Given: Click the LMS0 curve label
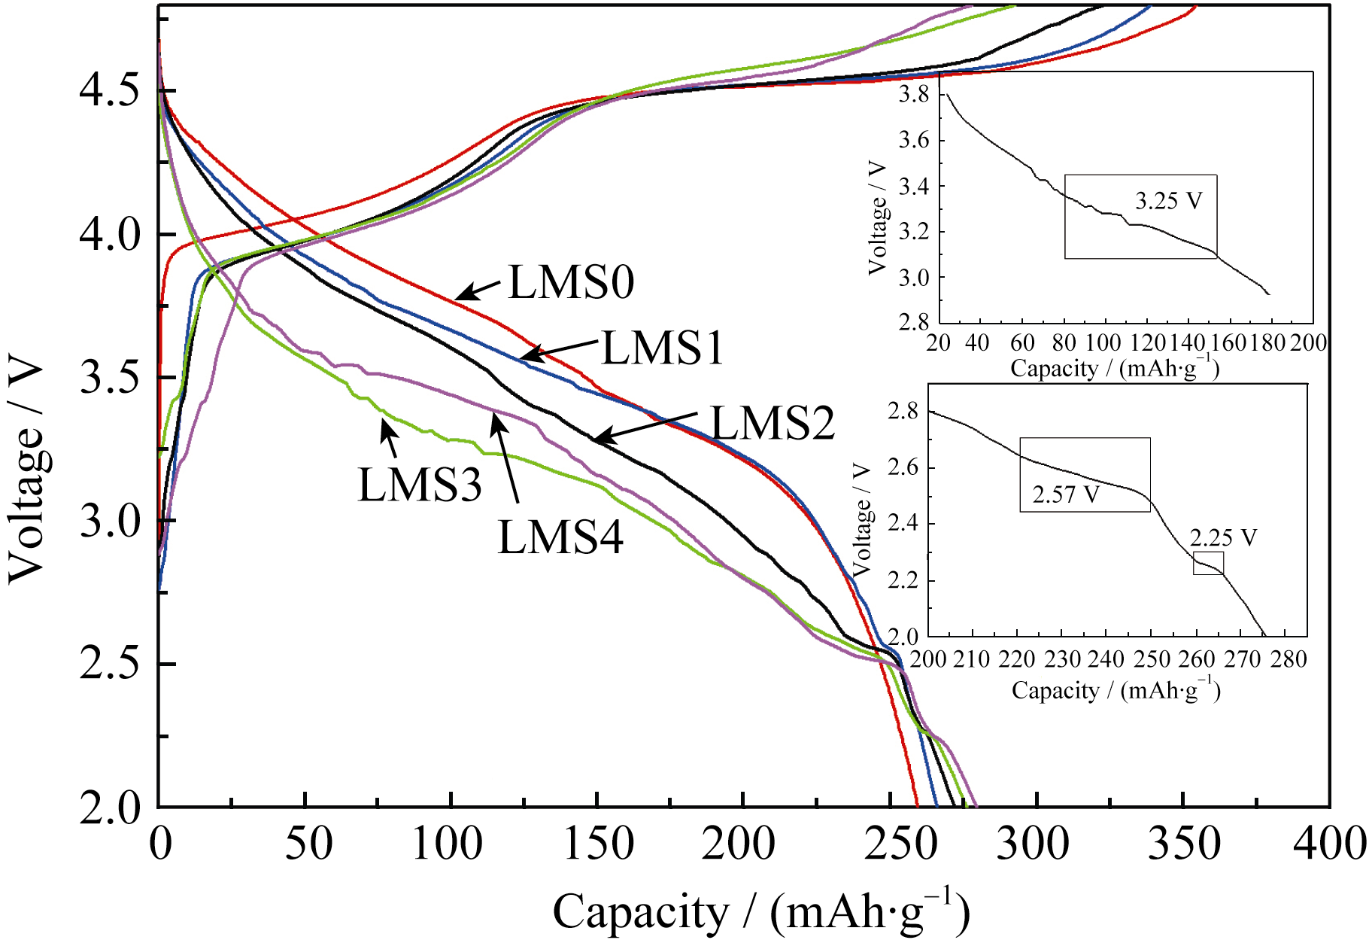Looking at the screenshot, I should (x=571, y=283).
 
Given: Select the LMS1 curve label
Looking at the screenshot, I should (x=662, y=348).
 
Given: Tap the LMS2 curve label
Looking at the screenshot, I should (x=773, y=423).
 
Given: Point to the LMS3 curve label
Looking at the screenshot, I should (x=419, y=484).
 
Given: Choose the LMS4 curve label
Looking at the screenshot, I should (x=560, y=538).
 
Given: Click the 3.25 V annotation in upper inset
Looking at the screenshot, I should (x=1168, y=201).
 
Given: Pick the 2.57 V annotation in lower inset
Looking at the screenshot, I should (x=1066, y=494).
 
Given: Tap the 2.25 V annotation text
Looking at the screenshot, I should (x=1223, y=537).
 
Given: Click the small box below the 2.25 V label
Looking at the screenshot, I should (x=1208, y=563).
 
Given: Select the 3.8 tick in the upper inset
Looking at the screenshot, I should (x=914, y=95).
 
